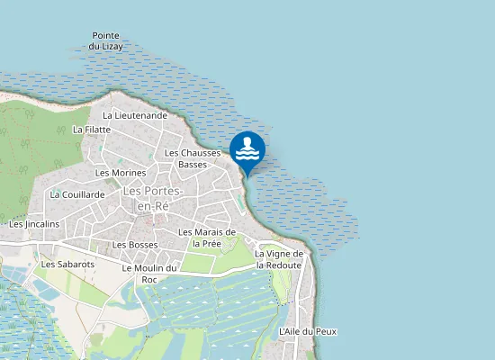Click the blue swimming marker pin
point(247,149)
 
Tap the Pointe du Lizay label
point(107,40)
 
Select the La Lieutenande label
point(135,115)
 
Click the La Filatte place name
point(91,130)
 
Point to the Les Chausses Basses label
point(193,158)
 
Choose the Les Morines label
point(121,172)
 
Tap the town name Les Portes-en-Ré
point(152,198)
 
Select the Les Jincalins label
point(34,224)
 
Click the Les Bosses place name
point(135,245)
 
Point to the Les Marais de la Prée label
point(207,238)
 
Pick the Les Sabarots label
point(67,265)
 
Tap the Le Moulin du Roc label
point(149,274)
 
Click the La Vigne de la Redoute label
point(280,259)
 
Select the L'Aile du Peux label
point(308,331)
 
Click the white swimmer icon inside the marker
point(247,146)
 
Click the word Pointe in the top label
point(107,35)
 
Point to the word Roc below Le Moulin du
point(149,280)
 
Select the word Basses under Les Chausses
point(193,165)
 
